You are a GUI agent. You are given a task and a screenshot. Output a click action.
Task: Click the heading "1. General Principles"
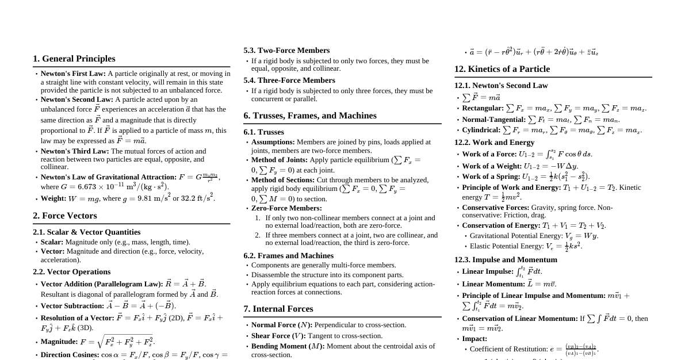[x=74, y=59]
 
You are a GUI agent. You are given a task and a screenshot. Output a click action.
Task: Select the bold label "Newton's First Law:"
[x=73, y=74]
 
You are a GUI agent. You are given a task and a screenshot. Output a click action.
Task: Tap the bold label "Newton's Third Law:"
[x=75, y=151]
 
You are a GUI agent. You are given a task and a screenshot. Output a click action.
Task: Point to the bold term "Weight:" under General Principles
[x=54, y=199]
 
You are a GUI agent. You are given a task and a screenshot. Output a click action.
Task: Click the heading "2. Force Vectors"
[x=65, y=216]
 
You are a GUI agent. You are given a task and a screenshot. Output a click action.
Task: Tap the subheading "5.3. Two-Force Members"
[x=286, y=51]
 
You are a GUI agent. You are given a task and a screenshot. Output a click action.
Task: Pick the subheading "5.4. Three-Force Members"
[x=289, y=81]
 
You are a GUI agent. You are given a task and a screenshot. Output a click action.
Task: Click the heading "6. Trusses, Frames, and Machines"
[x=310, y=116]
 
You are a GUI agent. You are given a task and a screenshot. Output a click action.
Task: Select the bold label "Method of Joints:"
[x=280, y=160]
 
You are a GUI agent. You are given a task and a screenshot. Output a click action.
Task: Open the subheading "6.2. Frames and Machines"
[x=288, y=256]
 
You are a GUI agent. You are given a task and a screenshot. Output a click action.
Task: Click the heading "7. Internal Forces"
[x=278, y=309]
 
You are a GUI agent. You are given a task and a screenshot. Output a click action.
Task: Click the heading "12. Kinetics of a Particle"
[x=502, y=69]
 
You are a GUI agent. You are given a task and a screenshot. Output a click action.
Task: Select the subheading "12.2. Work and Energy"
[x=494, y=143]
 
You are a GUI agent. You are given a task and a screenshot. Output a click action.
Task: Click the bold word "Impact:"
[x=474, y=339]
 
